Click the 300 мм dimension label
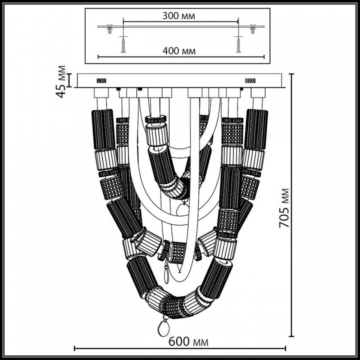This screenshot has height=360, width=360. pyautogui.click(x=178, y=16)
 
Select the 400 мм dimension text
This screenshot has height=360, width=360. pyautogui.click(x=178, y=51)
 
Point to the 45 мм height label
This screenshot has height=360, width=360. pyautogui.click(x=61, y=81)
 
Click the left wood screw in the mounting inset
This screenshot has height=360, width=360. pyautogui.click(x=122, y=45)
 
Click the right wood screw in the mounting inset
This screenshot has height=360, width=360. pyautogui.click(x=236, y=45)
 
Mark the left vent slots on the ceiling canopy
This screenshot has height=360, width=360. pyautogui.click(x=101, y=80)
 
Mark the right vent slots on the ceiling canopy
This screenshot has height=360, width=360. pyautogui.click(x=249, y=80)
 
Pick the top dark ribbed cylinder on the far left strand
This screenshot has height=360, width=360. pyautogui.click(x=103, y=128)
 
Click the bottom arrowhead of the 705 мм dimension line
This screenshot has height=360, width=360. pyautogui.click(x=291, y=334)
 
